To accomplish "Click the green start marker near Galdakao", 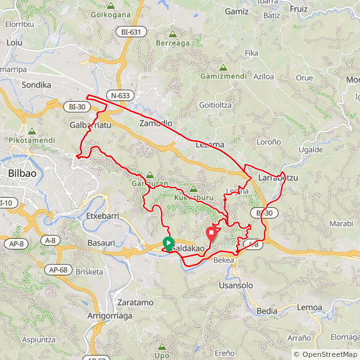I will click(x=168, y=243).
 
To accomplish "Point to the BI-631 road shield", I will click(x=129, y=31).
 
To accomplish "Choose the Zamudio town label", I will click(x=155, y=123).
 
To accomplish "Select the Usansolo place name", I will click(x=236, y=285).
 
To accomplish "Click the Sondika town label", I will click(x=36, y=84).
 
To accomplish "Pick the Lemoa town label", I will click(x=309, y=307).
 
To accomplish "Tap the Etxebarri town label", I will click(x=102, y=216).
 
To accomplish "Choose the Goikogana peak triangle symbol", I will click(x=111, y=5).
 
